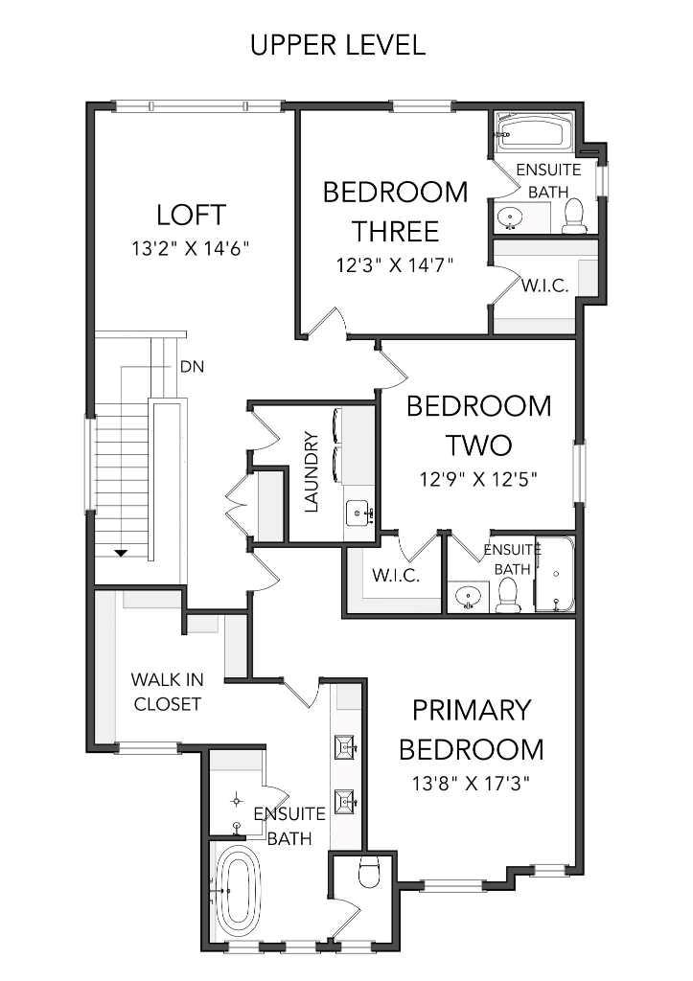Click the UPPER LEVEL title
[337, 45]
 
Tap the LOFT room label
[191, 213]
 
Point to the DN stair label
[191, 366]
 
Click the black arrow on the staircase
[122, 553]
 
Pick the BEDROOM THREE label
[395, 211]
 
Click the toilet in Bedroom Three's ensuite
[574, 217]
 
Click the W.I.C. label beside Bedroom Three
[545, 285]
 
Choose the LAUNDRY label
[311, 471]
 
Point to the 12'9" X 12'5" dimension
[478, 478]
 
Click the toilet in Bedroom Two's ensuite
[508, 596]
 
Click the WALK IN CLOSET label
[167, 692]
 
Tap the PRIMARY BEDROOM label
[471, 729]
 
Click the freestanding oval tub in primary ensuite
[236, 893]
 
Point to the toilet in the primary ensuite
[367, 873]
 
